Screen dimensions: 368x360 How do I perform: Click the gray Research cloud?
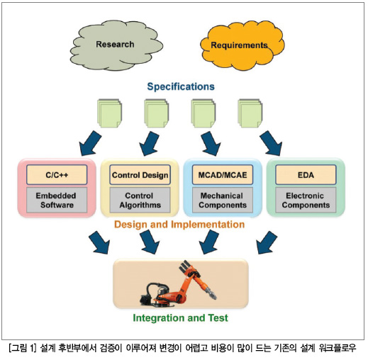116,45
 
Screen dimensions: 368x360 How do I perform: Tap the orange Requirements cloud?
242,45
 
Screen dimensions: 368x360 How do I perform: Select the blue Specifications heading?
181,86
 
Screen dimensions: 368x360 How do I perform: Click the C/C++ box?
57,175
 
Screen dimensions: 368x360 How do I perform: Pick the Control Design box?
140,175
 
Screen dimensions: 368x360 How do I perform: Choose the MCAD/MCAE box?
223,175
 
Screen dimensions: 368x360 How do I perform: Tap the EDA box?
306,175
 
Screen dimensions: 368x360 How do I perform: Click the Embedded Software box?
57,200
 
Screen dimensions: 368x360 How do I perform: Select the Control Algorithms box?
140,200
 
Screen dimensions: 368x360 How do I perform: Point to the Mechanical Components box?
223,200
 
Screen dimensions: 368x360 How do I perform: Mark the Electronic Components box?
306,200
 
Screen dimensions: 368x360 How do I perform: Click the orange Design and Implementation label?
179,225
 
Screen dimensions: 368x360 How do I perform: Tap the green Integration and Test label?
181,318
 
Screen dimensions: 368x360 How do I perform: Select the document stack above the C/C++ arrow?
110,113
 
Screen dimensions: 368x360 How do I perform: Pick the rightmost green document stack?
250,113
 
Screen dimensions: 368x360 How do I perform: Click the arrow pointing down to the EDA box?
272,144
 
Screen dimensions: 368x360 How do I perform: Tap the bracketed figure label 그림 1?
23,348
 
